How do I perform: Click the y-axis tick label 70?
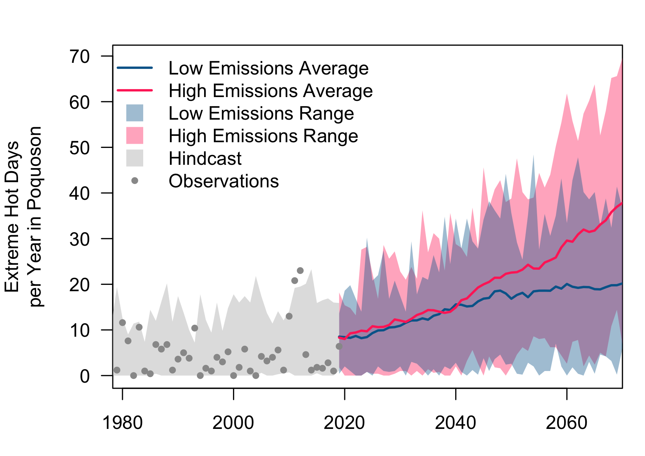80,56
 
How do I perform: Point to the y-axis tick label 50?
80,147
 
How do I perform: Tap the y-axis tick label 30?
80,239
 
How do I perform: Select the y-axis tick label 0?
85,376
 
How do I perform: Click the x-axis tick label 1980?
123,423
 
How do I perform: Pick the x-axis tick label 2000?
233,423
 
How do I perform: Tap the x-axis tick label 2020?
344,423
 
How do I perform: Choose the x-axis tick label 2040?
456,423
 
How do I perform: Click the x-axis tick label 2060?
566,423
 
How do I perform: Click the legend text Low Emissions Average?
269,68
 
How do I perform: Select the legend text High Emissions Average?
271,91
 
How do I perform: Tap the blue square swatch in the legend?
135,113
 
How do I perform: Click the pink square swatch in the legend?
135,135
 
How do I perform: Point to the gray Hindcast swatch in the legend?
135,158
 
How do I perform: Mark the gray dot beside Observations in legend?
135,181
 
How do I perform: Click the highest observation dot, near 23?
300,271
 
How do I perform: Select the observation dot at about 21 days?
295,281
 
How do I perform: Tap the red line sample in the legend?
135,90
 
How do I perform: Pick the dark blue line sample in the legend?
135,68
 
